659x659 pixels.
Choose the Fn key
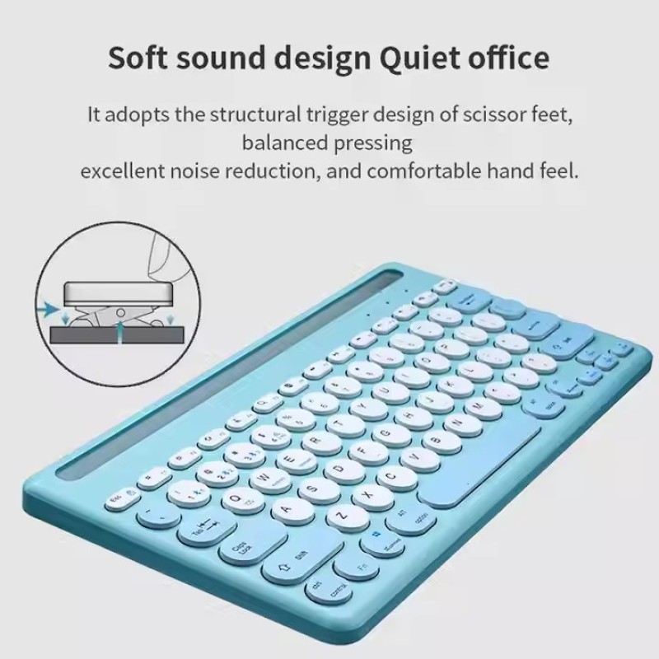tap(362, 565)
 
